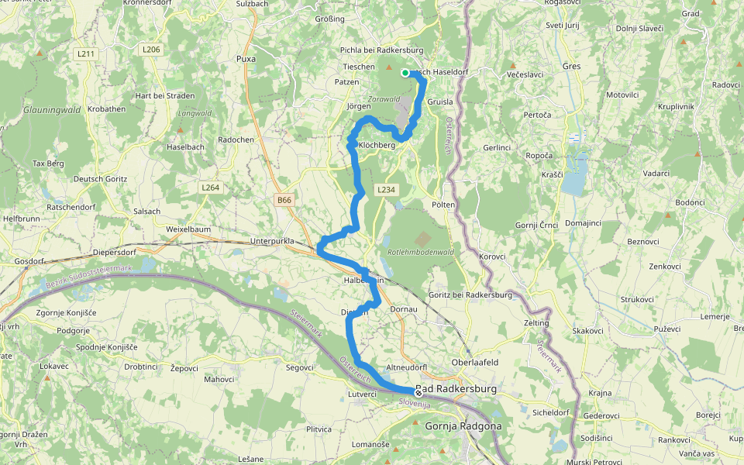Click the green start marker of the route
click(405, 73)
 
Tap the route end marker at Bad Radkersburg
click(418, 392)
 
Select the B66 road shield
click(285, 200)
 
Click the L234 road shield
click(386, 190)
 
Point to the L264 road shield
click(210, 187)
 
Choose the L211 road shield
click(85, 53)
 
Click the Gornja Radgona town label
click(463, 425)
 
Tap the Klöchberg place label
click(377, 145)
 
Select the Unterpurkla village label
click(272, 241)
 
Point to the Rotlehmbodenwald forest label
click(419, 252)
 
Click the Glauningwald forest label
click(53, 110)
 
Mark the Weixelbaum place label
click(188, 229)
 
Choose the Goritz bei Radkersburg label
click(470, 295)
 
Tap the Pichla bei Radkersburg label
click(381, 50)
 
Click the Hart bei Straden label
click(165, 95)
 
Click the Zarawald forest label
click(384, 99)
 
